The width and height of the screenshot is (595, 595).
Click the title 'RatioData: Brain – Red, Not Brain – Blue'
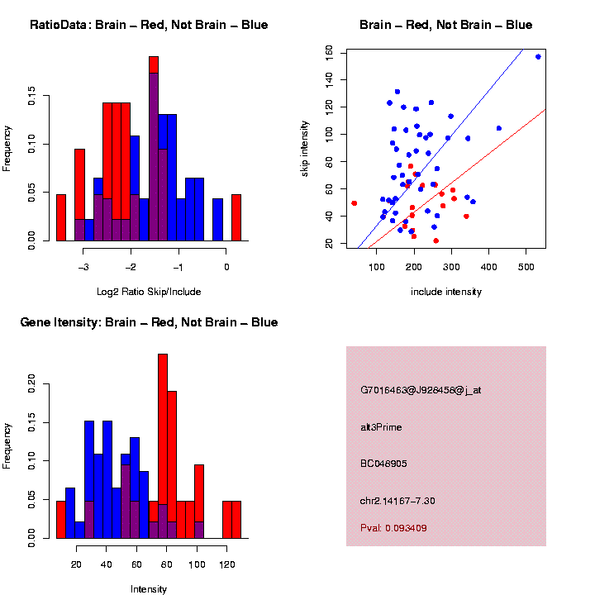[x=149, y=25]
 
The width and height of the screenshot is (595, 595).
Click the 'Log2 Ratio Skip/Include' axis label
[x=149, y=292]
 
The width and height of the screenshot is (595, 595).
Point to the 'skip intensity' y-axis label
[x=305, y=147]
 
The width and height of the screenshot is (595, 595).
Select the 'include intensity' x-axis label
[x=446, y=292]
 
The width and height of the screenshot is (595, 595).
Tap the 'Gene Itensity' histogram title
[x=149, y=322]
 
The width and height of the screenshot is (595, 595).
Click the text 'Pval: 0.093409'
[x=393, y=527]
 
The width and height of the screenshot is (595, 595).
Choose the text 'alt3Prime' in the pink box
[x=381, y=427]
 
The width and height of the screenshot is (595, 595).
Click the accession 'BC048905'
[x=383, y=464]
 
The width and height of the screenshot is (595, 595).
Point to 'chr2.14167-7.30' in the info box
[x=397, y=501]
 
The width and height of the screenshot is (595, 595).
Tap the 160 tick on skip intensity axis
[x=329, y=52]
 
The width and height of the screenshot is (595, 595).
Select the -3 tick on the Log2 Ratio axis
[x=83, y=266]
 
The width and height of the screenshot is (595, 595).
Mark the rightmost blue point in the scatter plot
[x=538, y=56]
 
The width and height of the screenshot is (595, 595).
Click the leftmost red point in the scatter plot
[x=354, y=203]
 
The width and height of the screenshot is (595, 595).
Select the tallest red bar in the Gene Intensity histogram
[x=163, y=446]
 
